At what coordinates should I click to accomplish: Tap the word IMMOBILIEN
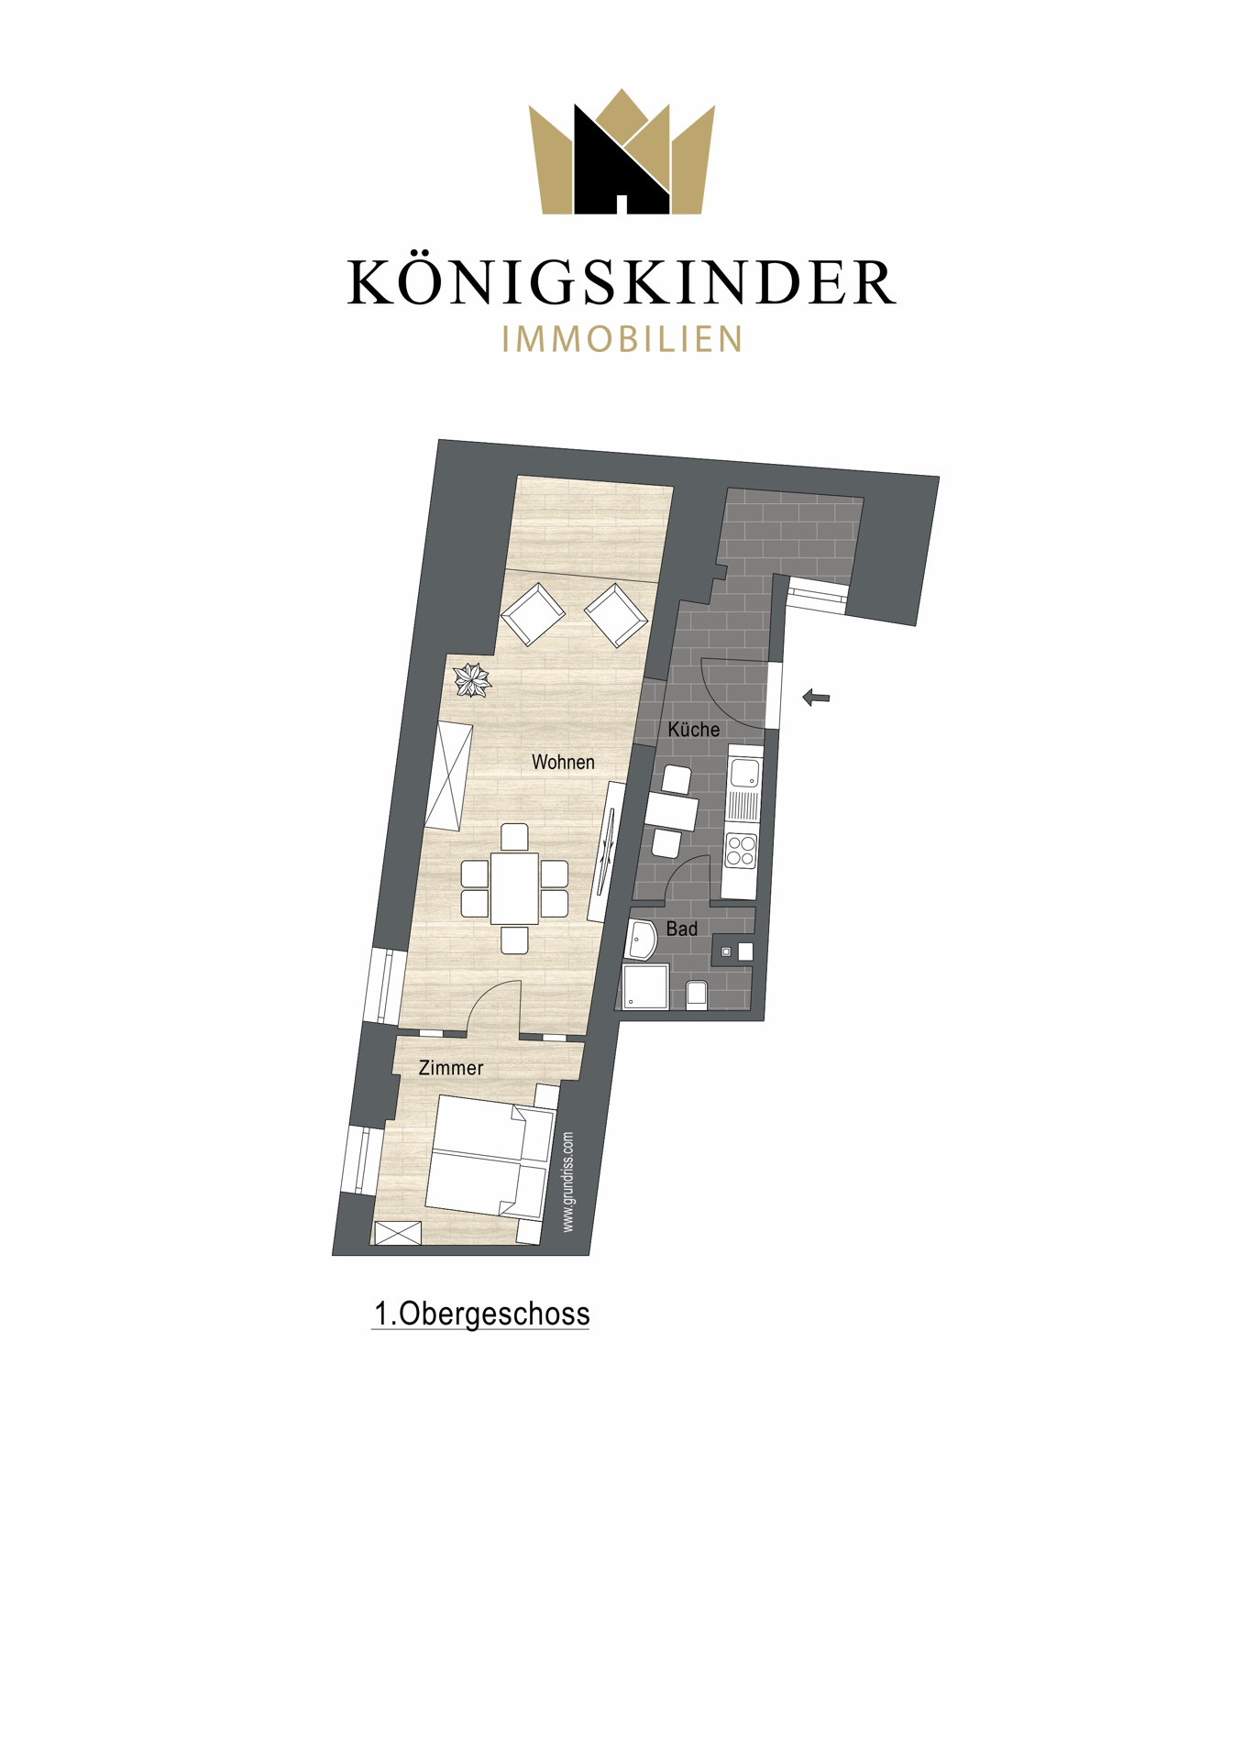(x=622, y=339)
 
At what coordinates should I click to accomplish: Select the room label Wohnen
(x=563, y=762)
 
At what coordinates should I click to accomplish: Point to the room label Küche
(x=693, y=730)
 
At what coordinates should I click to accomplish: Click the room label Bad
(x=682, y=929)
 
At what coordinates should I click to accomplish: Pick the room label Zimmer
(x=451, y=1068)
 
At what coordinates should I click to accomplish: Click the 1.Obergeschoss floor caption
(x=481, y=1314)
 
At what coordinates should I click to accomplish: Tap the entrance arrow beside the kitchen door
(x=816, y=698)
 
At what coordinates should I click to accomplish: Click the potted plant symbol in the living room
(x=472, y=679)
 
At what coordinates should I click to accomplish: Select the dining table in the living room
(x=514, y=887)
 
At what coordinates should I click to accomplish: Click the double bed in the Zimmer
(x=491, y=1157)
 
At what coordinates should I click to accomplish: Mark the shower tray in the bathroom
(x=645, y=986)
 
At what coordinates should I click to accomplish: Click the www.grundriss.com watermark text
(x=568, y=1182)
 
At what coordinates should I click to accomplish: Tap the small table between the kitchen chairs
(x=671, y=812)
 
